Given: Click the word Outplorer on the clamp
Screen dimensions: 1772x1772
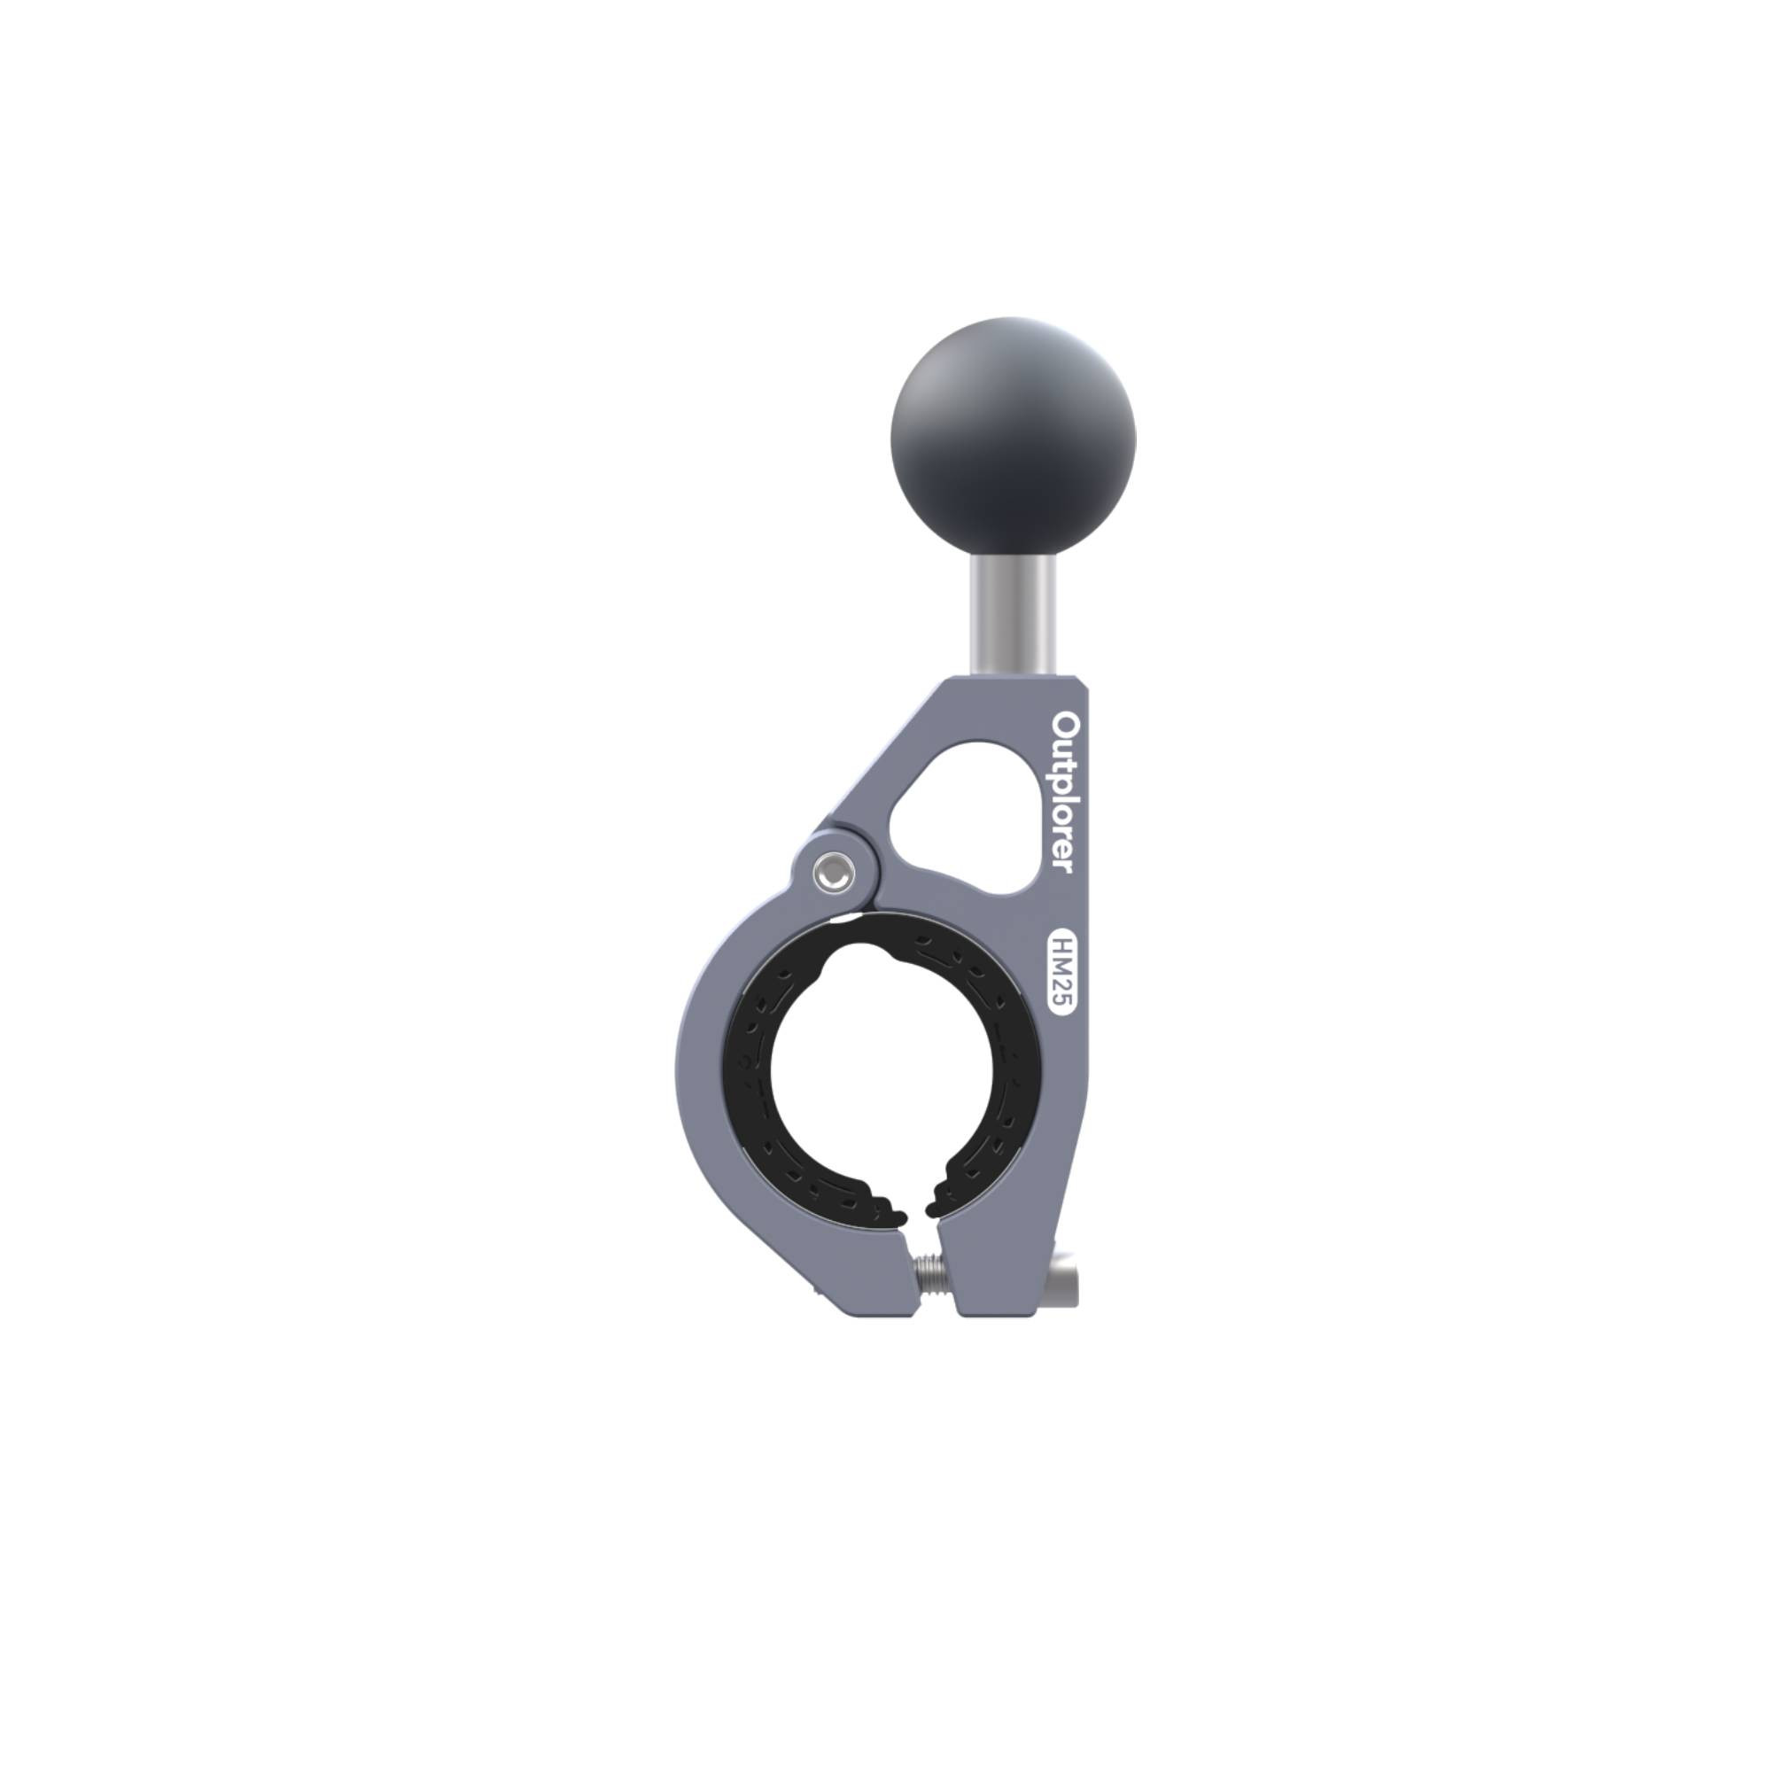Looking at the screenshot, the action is [x=1062, y=792].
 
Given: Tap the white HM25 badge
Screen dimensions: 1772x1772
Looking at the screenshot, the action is [x=1061, y=972].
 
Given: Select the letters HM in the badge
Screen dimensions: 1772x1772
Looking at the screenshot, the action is [x=1061, y=955].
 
